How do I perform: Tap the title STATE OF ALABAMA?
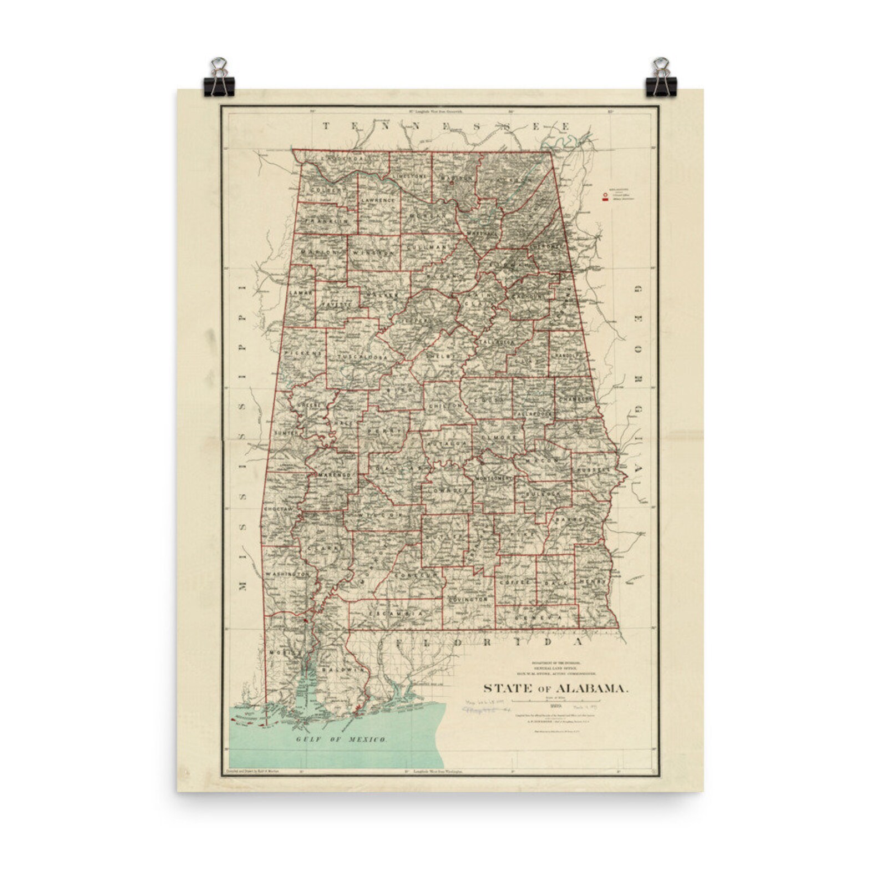(x=556, y=688)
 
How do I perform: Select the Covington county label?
(x=468, y=600)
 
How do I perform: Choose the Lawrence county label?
(x=378, y=200)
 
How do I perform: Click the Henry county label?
(x=592, y=582)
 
